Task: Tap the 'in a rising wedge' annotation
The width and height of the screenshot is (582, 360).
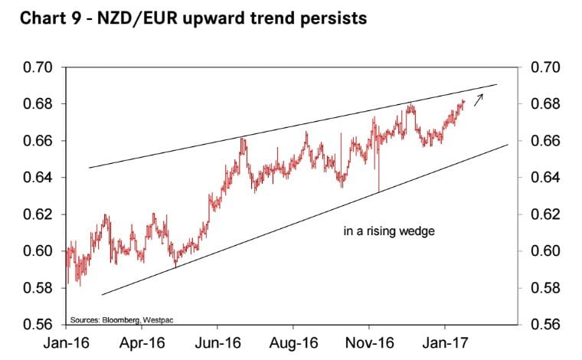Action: click(x=389, y=230)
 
